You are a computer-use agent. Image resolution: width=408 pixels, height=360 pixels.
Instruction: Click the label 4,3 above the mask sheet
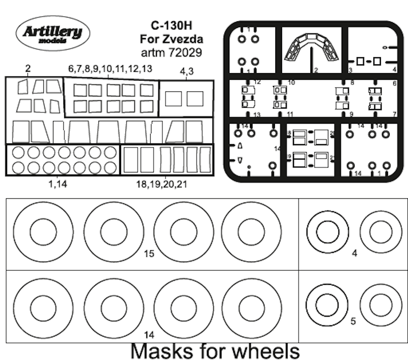pyautogui.click(x=186, y=72)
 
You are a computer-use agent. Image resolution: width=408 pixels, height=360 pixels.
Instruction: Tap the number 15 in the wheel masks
pyautogui.click(x=149, y=253)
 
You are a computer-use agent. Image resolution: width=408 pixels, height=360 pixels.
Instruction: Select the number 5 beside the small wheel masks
pyautogui.click(x=353, y=322)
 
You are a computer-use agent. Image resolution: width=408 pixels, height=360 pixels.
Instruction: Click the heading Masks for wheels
pyautogui.click(x=215, y=351)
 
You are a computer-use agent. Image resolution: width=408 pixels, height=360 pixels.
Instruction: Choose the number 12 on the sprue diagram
pyautogui.click(x=257, y=82)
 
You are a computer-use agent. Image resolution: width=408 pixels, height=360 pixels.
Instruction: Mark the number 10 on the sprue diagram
pyautogui.click(x=291, y=83)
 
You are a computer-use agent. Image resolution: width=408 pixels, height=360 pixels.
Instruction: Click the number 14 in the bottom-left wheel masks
pyautogui.click(x=149, y=335)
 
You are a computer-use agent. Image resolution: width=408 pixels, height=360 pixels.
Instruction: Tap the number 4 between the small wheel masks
pyautogui.click(x=354, y=253)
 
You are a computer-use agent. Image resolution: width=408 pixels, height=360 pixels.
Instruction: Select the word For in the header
pyautogui.click(x=149, y=39)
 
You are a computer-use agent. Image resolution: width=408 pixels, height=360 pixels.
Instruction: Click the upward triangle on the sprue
pyautogui.click(x=239, y=146)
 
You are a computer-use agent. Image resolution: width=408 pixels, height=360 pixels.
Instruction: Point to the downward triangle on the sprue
pyautogui.click(x=239, y=160)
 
